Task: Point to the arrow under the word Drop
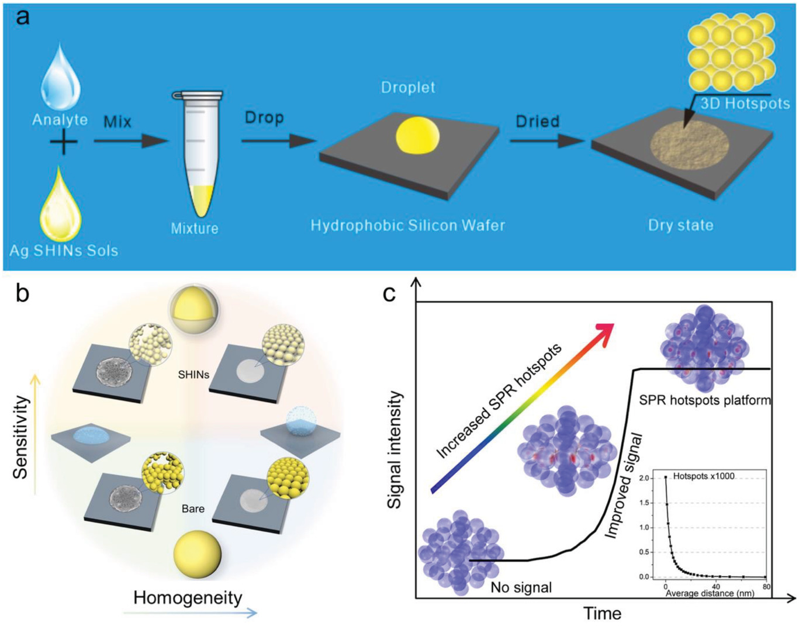(x=278, y=140)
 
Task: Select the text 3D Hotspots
(x=745, y=104)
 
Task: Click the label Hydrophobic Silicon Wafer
(x=407, y=226)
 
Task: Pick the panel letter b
(x=22, y=294)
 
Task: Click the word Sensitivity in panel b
(x=21, y=437)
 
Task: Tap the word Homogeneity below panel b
(x=188, y=597)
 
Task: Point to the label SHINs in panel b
(x=193, y=375)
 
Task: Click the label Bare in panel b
(x=193, y=509)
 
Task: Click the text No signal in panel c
(x=521, y=587)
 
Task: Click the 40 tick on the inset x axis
(x=715, y=586)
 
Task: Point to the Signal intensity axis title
(x=396, y=449)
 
